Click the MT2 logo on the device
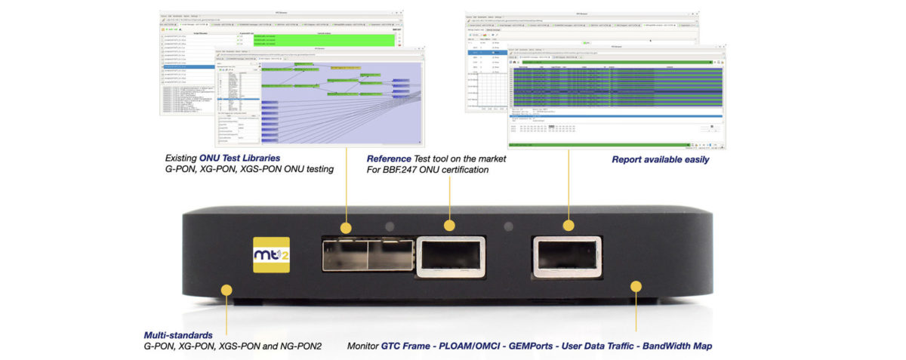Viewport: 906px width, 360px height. point(270,256)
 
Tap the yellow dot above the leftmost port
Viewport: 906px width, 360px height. point(346,226)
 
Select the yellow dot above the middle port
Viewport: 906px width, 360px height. point(449,225)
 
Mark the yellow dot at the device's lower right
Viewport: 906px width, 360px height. point(636,287)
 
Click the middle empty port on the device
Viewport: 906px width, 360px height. point(451,255)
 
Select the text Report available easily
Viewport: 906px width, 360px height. point(661,160)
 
